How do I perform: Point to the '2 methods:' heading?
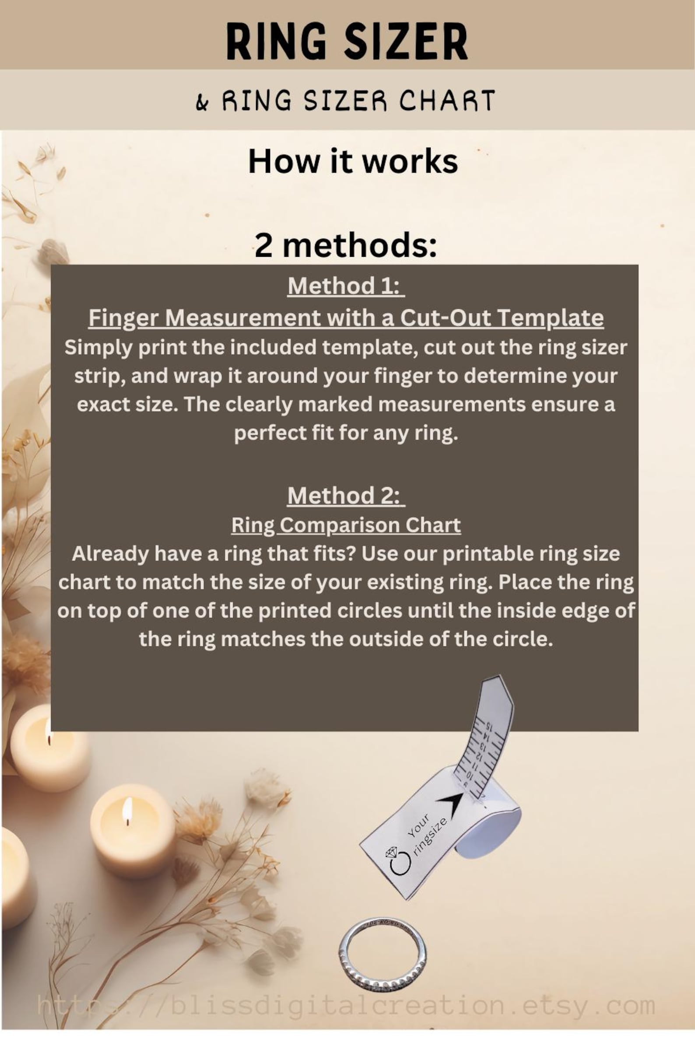tap(346, 245)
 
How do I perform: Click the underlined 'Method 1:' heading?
tap(346, 286)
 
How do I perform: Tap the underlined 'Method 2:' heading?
tap(346, 495)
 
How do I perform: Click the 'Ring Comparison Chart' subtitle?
tap(346, 525)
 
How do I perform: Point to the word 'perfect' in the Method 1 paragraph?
tap(262, 433)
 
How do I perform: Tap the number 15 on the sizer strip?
tap(489, 727)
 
